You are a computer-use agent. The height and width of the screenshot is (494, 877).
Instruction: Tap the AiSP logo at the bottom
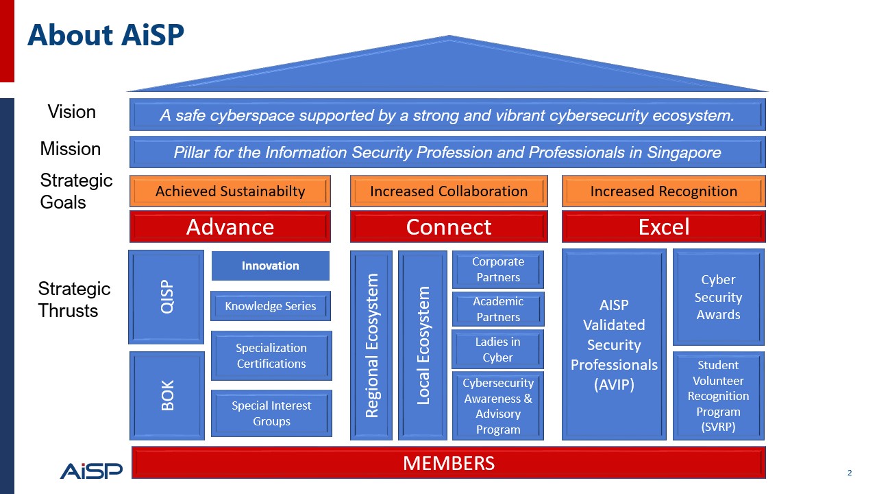pos(90,470)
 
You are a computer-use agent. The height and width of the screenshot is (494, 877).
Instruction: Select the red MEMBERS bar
pos(448,463)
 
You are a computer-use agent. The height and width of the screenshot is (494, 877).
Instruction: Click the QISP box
pos(166,296)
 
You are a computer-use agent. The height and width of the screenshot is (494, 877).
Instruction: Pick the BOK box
pos(167,395)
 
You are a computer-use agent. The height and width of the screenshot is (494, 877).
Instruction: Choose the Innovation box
pos(270,266)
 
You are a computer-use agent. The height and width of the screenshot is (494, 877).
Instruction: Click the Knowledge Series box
pos(271,306)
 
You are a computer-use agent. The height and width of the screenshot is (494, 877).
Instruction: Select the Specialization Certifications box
pos(271,355)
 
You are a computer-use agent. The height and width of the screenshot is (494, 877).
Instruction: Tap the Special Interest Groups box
pos(271,413)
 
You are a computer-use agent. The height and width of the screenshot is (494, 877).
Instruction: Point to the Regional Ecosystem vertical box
pos(371,345)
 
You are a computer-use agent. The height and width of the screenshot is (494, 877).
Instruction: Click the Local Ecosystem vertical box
pos(423,345)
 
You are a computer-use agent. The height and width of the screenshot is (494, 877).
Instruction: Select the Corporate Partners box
pos(498,270)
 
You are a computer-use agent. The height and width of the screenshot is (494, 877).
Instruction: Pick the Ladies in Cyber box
pos(498,349)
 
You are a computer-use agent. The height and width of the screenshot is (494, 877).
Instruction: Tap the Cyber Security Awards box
pos(718,297)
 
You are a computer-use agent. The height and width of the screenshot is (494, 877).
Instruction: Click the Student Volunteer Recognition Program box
pos(718,396)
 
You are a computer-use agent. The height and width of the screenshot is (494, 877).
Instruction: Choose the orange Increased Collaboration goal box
pos(449,191)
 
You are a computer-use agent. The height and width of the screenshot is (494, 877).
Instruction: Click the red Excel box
pos(663,227)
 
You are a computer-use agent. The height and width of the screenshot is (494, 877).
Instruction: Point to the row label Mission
pos(71,149)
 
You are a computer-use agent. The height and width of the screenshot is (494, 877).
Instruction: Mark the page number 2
pos(850,473)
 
